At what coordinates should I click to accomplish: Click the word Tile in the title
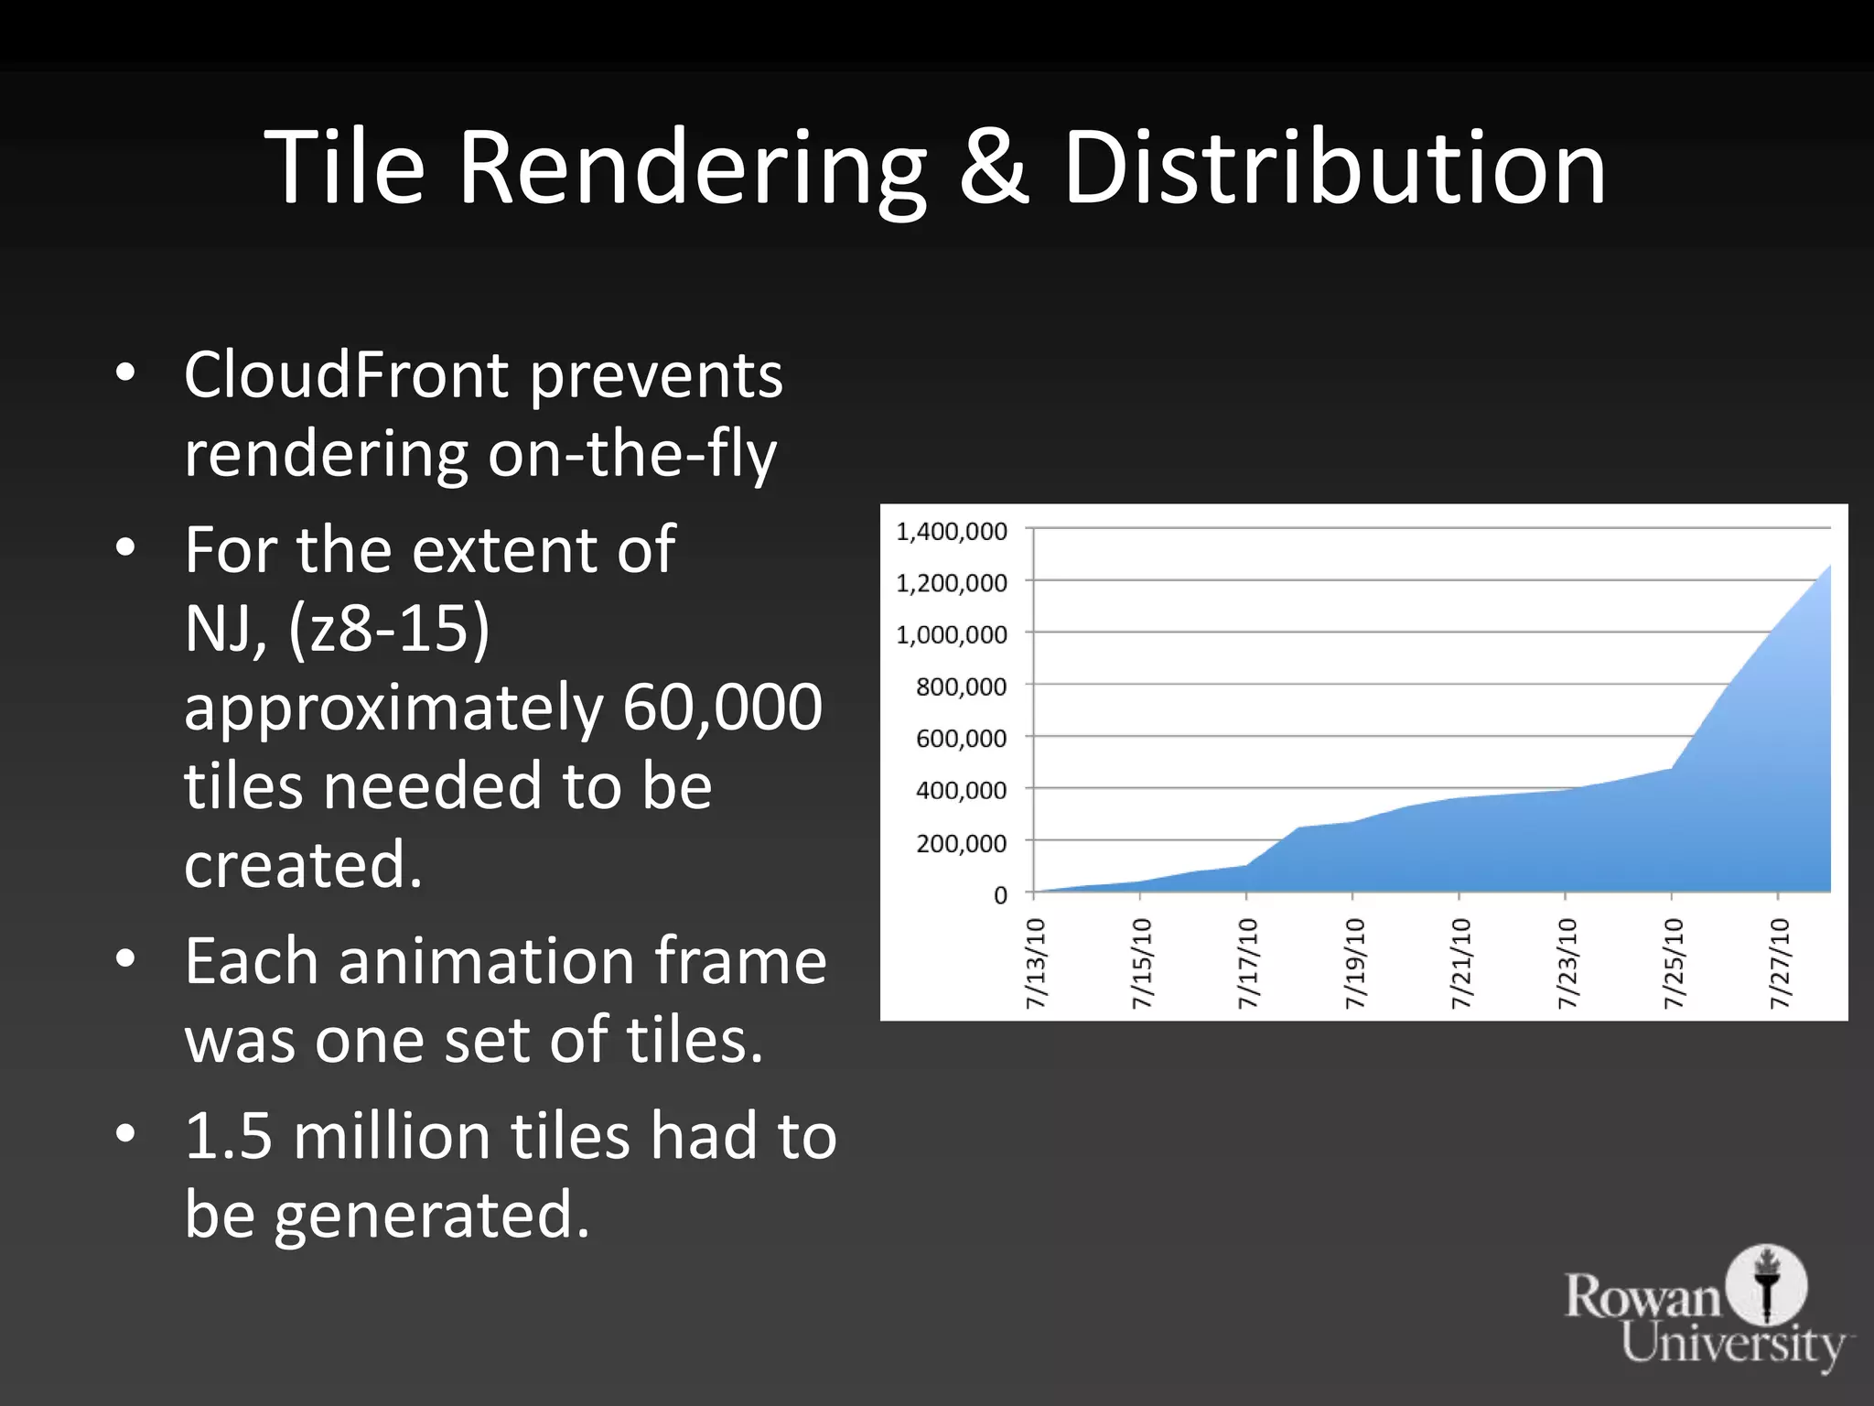point(345,168)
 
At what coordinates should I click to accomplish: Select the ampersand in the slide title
point(994,168)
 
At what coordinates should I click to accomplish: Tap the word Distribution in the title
point(1334,168)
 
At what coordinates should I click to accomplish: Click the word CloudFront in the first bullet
point(347,374)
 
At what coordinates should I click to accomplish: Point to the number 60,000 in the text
point(723,707)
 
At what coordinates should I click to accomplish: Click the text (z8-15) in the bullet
point(389,629)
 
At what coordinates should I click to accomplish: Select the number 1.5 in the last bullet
point(229,1136)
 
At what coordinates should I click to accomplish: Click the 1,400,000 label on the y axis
point(952,531)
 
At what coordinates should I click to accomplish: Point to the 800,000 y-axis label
point(961,687)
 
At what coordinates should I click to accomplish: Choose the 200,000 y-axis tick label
point(961,842)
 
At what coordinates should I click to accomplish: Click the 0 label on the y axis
point(1000,894)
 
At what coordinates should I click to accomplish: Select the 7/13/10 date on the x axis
point(1035,963)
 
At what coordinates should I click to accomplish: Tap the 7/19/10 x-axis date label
point(1353,963)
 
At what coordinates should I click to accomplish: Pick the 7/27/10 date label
point(1779,963)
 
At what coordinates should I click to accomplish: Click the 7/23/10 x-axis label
point(1567,963)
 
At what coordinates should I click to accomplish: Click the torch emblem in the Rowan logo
point(1767,1284)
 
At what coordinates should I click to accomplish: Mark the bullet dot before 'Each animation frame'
point(126,959)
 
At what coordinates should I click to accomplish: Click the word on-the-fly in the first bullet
point(631,454)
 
